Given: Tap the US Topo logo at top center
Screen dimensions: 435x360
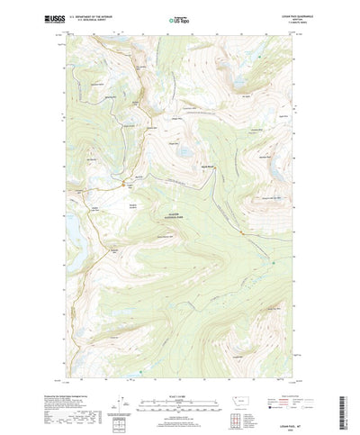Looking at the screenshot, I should (179, 19).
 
